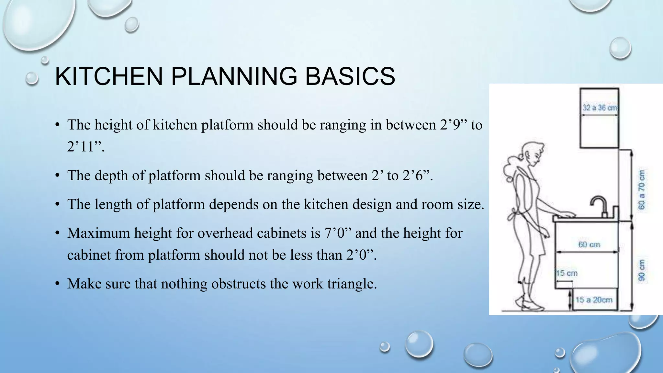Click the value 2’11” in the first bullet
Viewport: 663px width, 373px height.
[x=85, y=147]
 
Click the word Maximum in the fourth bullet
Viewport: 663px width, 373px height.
[x=98, y=233]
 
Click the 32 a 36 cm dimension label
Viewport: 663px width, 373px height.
[x=600, y=107]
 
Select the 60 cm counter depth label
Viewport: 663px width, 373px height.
[x=589, y=244]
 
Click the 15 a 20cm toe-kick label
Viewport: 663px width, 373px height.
[x=594, y=300]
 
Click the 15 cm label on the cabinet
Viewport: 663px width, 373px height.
[x=567, y=273]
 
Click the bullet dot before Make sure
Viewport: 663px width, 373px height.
[x=57, y=284]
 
